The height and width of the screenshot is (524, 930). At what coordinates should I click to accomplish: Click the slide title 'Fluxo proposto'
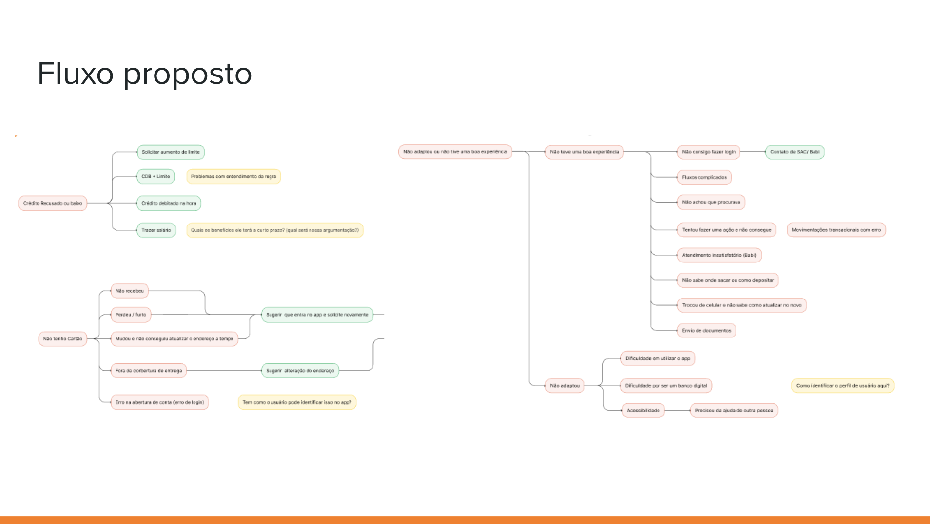[x=145, y=74]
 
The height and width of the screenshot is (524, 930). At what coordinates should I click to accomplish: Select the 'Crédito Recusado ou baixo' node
[x=53, y=203]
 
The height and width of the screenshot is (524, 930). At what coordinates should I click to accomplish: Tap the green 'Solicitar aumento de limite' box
[x=170, y=152]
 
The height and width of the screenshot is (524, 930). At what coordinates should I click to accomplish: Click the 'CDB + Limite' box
[x=155, y=176]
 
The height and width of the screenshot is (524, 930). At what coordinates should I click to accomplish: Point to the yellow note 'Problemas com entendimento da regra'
[x=233, y=176]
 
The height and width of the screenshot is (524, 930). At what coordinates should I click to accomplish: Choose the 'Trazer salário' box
[x=156, y=230]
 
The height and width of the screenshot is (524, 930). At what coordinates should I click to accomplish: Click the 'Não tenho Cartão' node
[x=63, y=339]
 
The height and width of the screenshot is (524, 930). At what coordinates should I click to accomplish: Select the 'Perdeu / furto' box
[x=131, y=315]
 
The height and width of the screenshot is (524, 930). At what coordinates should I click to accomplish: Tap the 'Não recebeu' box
[x=129, y=291]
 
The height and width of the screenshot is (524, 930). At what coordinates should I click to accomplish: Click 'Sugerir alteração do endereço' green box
[x=300, y=371]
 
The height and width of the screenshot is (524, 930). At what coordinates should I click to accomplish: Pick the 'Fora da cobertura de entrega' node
[x=149, y=371]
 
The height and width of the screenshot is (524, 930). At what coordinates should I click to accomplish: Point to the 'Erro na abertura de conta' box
[x=159, y=402]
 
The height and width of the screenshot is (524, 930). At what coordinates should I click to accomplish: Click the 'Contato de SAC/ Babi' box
[x=795, y=152]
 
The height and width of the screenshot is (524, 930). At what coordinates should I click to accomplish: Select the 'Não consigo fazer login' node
[x=708, y=152]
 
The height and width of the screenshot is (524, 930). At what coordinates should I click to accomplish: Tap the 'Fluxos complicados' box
[x=704, y=177]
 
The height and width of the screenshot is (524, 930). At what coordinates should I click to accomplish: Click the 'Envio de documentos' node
[x=706, y=331]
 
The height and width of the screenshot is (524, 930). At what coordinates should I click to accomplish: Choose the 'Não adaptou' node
[x=565, y=386]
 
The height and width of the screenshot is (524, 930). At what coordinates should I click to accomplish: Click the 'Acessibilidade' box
[x=643, y=410]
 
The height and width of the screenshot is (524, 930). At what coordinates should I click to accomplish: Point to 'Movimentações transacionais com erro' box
[x=836, y=230]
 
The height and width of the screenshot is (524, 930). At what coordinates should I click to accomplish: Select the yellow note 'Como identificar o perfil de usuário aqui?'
[x=843, y=386]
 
